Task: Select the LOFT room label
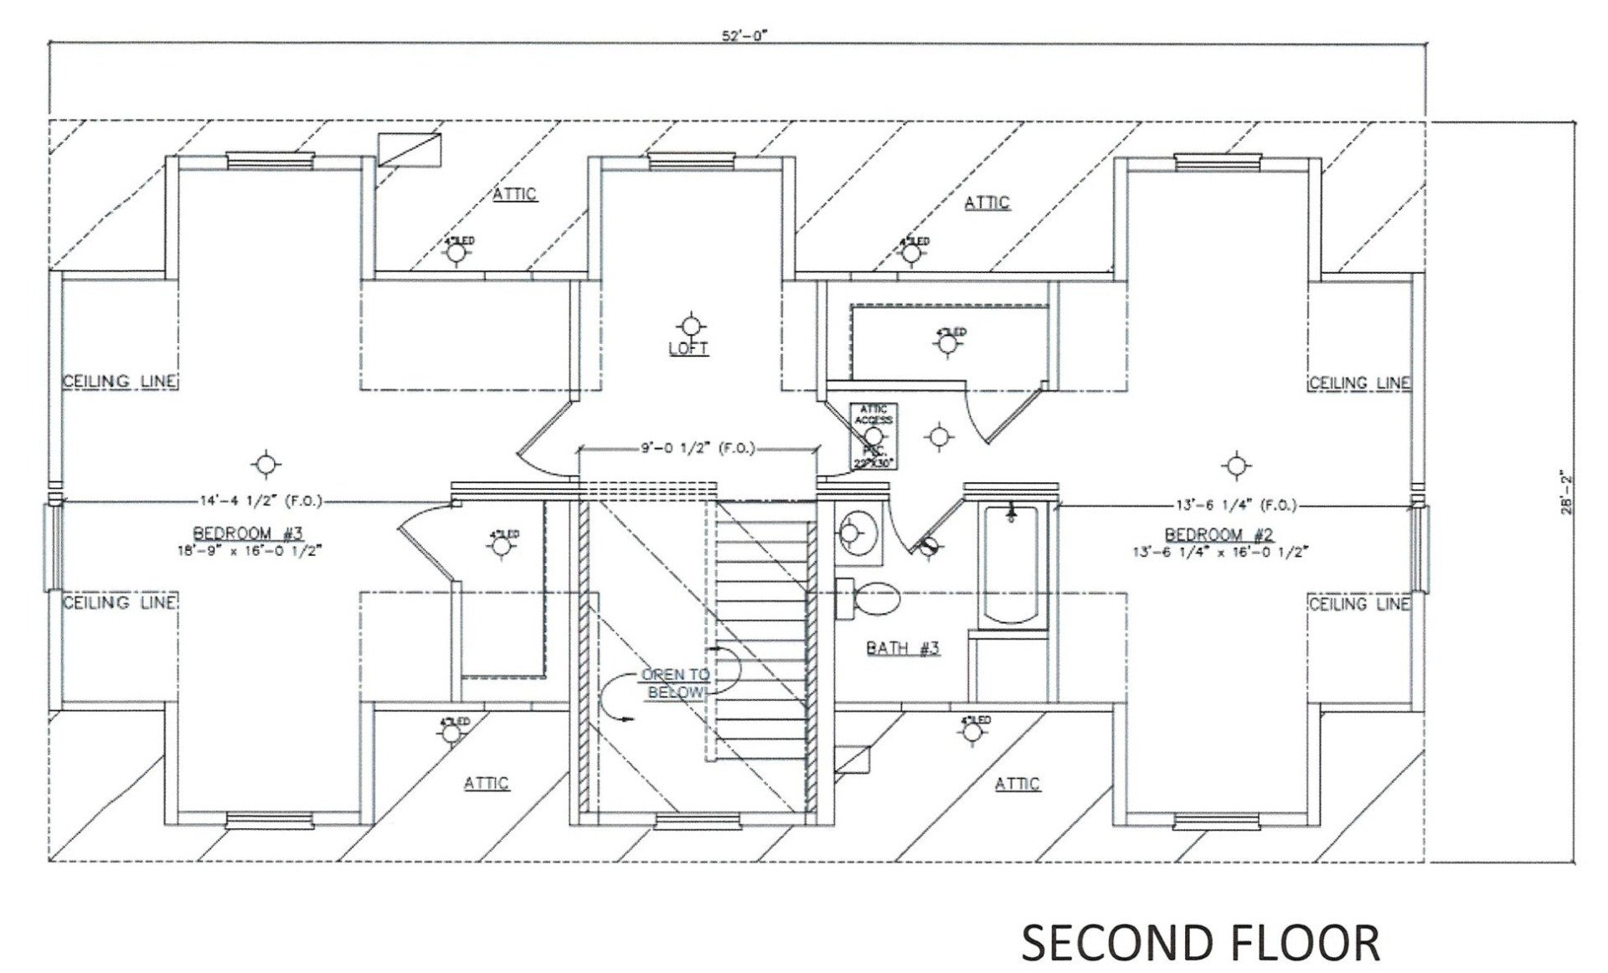pyautogui.click(x=688, y=348)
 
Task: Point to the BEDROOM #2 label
pyautogui.click(x=1219, y=534)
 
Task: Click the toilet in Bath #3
pyautogui.click(x=871, y=599)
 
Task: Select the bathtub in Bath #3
pyautogui.click(x=1013, y=565)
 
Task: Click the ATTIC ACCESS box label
pyautogui.click(x=874, y=414)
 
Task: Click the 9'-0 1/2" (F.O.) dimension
pyautogui.click(x=698, y=449)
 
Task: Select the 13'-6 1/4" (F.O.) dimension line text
pyautogui.click(x=1236, y=505)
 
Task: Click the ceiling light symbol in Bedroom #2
pyautogui.click(x=1234, y=465)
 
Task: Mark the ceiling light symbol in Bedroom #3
pyautogui.click(x=265, y=463)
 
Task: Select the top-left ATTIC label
pyautogui.click(x=513, y=194)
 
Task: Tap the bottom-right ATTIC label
pyautogui.click(x=1018, y=783)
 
